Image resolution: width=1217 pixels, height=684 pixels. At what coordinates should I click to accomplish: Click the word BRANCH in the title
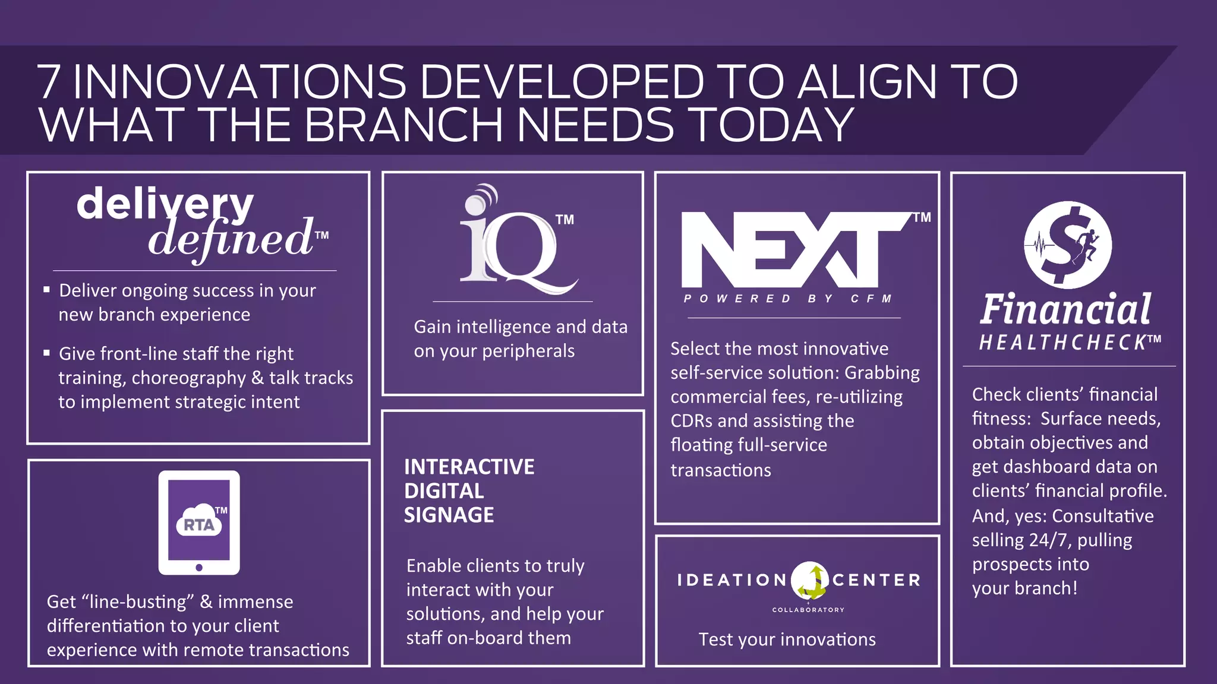pyautogui.click(x=403, y=125)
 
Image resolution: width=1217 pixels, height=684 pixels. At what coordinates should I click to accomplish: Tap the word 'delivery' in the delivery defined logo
pyautogui.click(x=165, y=203)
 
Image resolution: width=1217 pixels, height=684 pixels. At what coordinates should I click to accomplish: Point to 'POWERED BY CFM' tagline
pyautogui.click(x=788, y=299)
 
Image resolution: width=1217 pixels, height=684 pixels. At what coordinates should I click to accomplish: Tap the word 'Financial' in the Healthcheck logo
pyautogui.click(x=1065, y=310)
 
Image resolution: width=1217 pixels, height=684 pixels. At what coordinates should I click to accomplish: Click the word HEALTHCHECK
pyautogui.click(x=1064, y=343)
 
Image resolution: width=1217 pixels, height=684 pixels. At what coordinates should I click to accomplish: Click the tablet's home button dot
pyautogui.click(x=199, y=568)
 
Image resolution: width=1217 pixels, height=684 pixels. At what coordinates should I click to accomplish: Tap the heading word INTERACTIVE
pyautogui.click(x=469, y=467)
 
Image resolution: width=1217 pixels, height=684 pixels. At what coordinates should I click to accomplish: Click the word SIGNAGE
pyautogui.click(x=449, y=515)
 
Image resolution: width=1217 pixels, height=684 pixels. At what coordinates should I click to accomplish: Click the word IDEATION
pyautogui.click(x=732, y=580)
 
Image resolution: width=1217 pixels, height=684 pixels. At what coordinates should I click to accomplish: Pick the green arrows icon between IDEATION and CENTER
pyautogui.click(x=810, y=581)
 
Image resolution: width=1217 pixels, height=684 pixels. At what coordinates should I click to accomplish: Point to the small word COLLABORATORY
pyautogui.click(x=808, y=610)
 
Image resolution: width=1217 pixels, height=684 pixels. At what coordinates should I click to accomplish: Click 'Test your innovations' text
pyautogui.click(x=787, y=639)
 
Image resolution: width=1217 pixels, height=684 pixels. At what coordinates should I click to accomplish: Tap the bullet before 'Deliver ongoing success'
pyautogui.click(x=46, y=290)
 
